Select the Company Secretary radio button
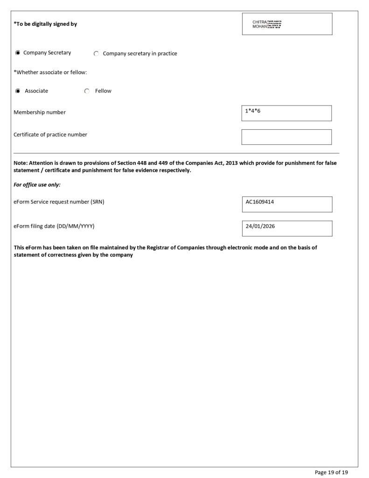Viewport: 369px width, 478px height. click(x=18, y=53)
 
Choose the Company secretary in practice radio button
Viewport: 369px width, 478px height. click(x=96, y=54)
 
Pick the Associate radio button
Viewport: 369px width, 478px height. click(x=18, y=91)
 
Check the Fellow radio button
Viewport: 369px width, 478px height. click(x=87, y=91)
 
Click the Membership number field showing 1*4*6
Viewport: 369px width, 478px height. click(x=286, y=113)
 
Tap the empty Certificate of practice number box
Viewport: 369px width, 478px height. click(x=286, y=137)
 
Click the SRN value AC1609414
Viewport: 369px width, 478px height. click(x=260, y=202)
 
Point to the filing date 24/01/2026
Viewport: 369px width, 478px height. click(x=260, y=226)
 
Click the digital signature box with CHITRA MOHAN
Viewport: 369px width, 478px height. click(x=287, y=24)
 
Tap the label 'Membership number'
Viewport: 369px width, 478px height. click(x=40, y=112)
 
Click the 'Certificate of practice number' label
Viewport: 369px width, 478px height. click(x=50, y=135)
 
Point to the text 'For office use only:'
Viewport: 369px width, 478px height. click(x=37, y=185)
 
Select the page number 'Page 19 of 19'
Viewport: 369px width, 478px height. click(x=331, y=472)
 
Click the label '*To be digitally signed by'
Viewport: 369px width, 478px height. click(x=45, y=24)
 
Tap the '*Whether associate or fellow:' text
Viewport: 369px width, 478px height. click(x=50, y=72)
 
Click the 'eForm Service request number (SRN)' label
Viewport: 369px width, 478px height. click(x=59, y=202)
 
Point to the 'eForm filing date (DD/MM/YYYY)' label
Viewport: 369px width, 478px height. click(x=54, y=226)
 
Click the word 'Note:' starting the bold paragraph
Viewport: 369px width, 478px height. click(x=21, y=163)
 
